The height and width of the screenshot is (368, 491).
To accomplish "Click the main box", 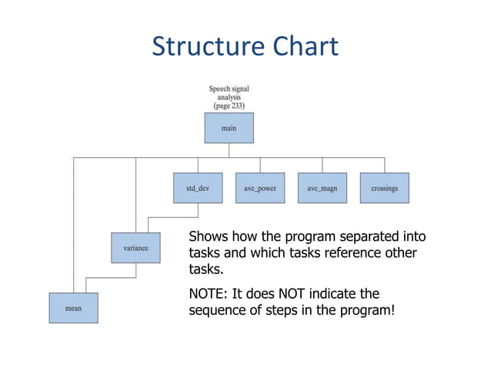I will (229, 128).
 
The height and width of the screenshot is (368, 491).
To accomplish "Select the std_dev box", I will (198, 188).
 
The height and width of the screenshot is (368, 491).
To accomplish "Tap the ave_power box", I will (259, 188).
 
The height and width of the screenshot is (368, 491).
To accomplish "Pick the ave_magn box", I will (322, 188).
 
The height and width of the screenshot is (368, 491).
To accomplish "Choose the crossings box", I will (384, 188).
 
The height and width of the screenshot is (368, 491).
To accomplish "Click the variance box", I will (135, 248).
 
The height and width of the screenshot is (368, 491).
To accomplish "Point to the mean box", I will (73, 308).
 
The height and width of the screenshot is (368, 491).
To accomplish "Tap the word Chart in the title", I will (302, 47).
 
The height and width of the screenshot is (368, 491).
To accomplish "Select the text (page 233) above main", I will (229, 105).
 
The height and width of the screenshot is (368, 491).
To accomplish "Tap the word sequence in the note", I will (220, 311).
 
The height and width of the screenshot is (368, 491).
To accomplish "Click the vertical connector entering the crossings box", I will (384, 165).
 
